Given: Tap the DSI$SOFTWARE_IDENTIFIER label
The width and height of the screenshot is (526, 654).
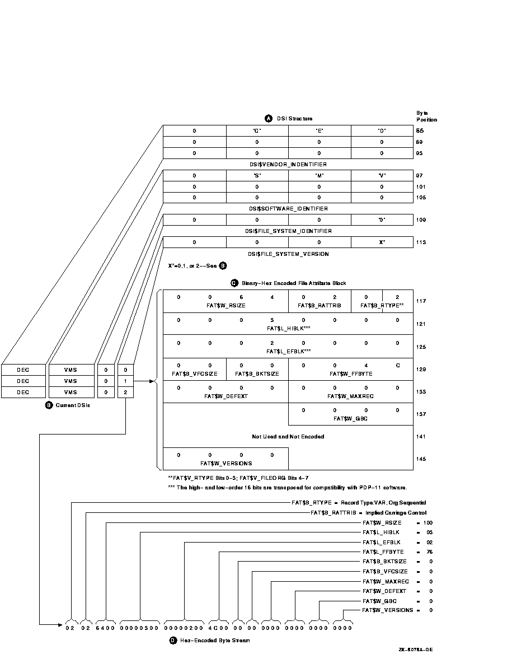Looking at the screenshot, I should coord(288,209).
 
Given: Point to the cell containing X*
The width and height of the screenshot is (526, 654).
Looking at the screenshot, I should coord(382,242).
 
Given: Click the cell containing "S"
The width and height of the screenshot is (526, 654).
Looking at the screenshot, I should coord(257,175).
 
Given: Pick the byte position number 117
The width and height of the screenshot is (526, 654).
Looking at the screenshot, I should coord(420,301).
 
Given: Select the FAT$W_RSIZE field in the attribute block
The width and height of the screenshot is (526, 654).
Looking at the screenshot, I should coord(226,306).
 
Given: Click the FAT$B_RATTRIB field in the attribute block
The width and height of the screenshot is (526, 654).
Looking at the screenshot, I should coord(320,306).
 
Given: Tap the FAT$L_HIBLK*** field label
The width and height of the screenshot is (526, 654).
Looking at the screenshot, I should coord(288,329).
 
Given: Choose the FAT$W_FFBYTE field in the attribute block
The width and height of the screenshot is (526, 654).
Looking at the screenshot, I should coord(351,373).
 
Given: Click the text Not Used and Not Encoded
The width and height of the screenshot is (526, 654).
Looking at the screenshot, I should coord(288,436).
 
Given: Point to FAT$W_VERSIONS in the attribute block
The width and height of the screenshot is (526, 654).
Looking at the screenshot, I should coord(226,463).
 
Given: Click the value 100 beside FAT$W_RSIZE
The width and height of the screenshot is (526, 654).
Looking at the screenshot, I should coord(428,522).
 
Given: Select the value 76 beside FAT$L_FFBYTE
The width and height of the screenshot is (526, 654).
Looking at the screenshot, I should coord(430,552).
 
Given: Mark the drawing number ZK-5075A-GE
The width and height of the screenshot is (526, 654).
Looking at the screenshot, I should coord(415,650).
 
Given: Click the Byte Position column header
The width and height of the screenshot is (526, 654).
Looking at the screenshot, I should coord(426,116).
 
